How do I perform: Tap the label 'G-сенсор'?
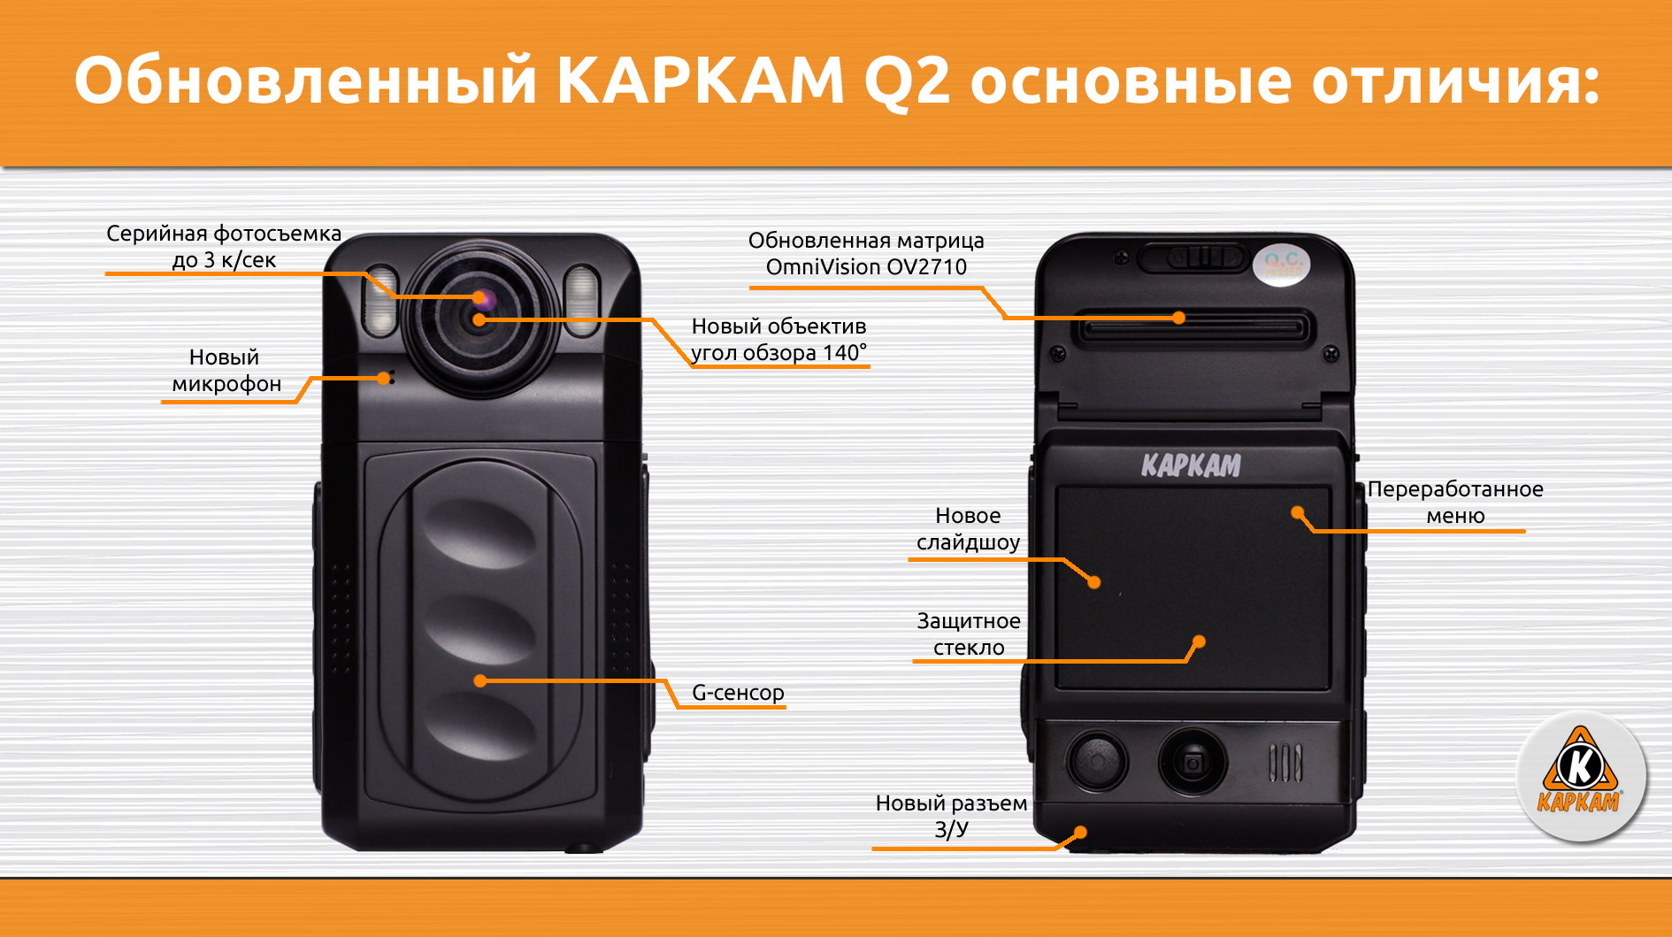[738, 692]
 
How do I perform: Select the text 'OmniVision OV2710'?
[866, 266]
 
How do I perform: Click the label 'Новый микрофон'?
[226, 371]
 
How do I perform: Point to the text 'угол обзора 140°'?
[778, 353]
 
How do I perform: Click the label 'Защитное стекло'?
[969, 634]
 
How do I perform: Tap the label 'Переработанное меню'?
[1455, 503]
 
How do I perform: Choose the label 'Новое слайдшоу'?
[969, 529]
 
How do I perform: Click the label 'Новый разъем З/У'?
[952, 816]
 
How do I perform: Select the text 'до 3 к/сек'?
[224, 260]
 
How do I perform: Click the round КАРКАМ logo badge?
[1580, 776]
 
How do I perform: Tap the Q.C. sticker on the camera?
[1282, 264]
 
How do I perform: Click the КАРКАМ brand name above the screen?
[1191, 465]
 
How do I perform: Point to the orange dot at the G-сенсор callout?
[480, 680]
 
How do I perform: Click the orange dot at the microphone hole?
[383, 378]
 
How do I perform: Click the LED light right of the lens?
[581, 300]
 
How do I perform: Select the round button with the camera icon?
[1192, 760]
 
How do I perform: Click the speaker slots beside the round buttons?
[1285, 763]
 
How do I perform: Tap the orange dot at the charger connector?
[1080, 833]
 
